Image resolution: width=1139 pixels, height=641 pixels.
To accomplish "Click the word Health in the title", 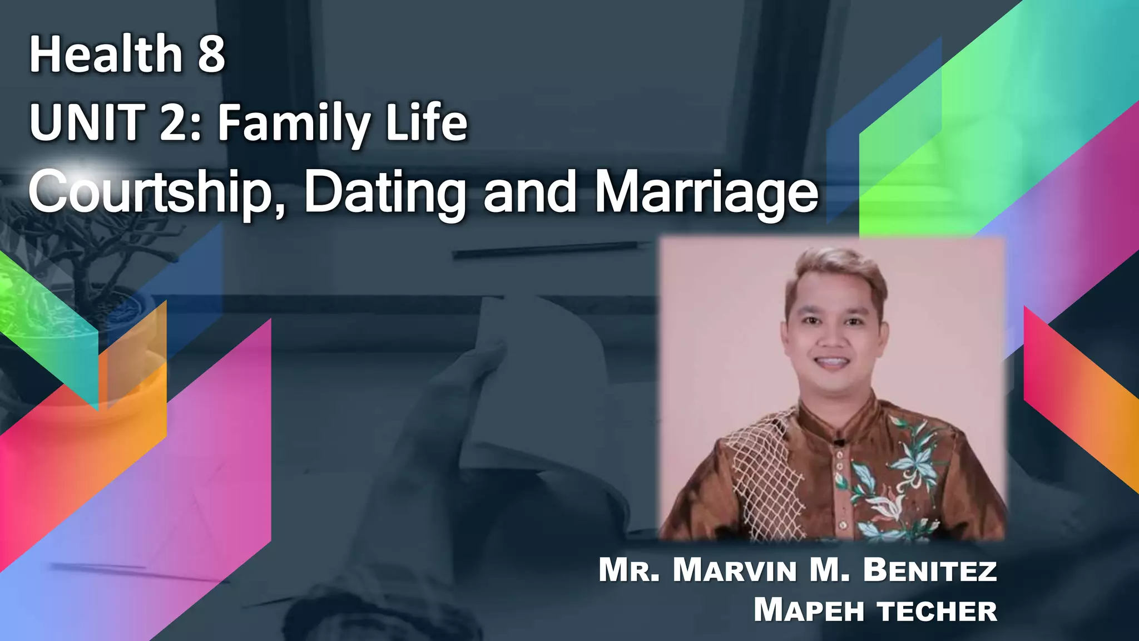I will pyautogui.click(x=106, y=55).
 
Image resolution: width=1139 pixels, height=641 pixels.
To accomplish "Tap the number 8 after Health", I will pyautogui.click(x=211, y=55).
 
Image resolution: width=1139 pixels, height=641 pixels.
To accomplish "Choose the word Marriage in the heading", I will pyautogui.click(x=706, y=192).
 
